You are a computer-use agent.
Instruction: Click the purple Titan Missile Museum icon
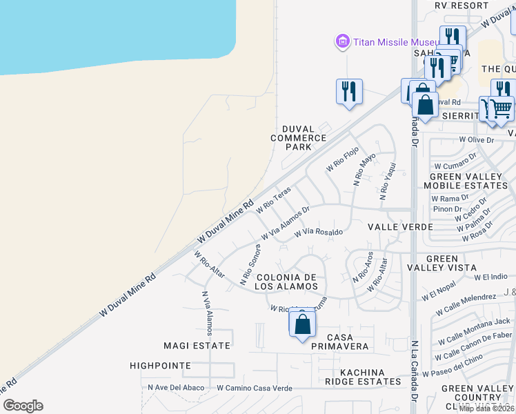click(342, 42)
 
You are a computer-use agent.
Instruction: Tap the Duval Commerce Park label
click(298, 138)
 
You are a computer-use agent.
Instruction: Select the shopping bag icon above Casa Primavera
click(302, 324)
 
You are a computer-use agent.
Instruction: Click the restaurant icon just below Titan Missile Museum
click(349, 92)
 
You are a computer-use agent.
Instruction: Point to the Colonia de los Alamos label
click(286, 281)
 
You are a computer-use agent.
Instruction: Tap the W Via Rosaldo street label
click(319, 233)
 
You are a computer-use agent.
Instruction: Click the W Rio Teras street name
click(274, 199)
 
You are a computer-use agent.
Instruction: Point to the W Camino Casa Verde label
click(254, 388)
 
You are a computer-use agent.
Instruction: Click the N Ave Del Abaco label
click(176, 388)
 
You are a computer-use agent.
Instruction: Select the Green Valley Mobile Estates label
click(465, 181)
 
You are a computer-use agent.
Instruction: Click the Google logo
click(23, 406)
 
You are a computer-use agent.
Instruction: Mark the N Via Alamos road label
click(206, 308)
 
